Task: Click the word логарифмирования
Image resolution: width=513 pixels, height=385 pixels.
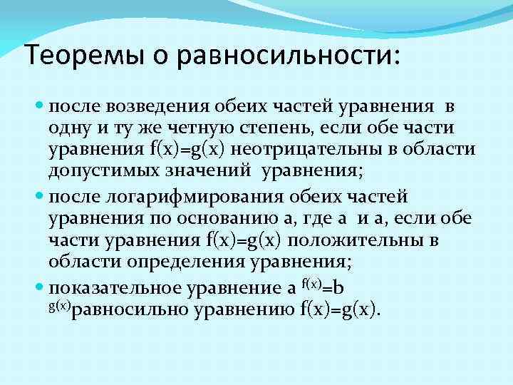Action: [x=199, y=195]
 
